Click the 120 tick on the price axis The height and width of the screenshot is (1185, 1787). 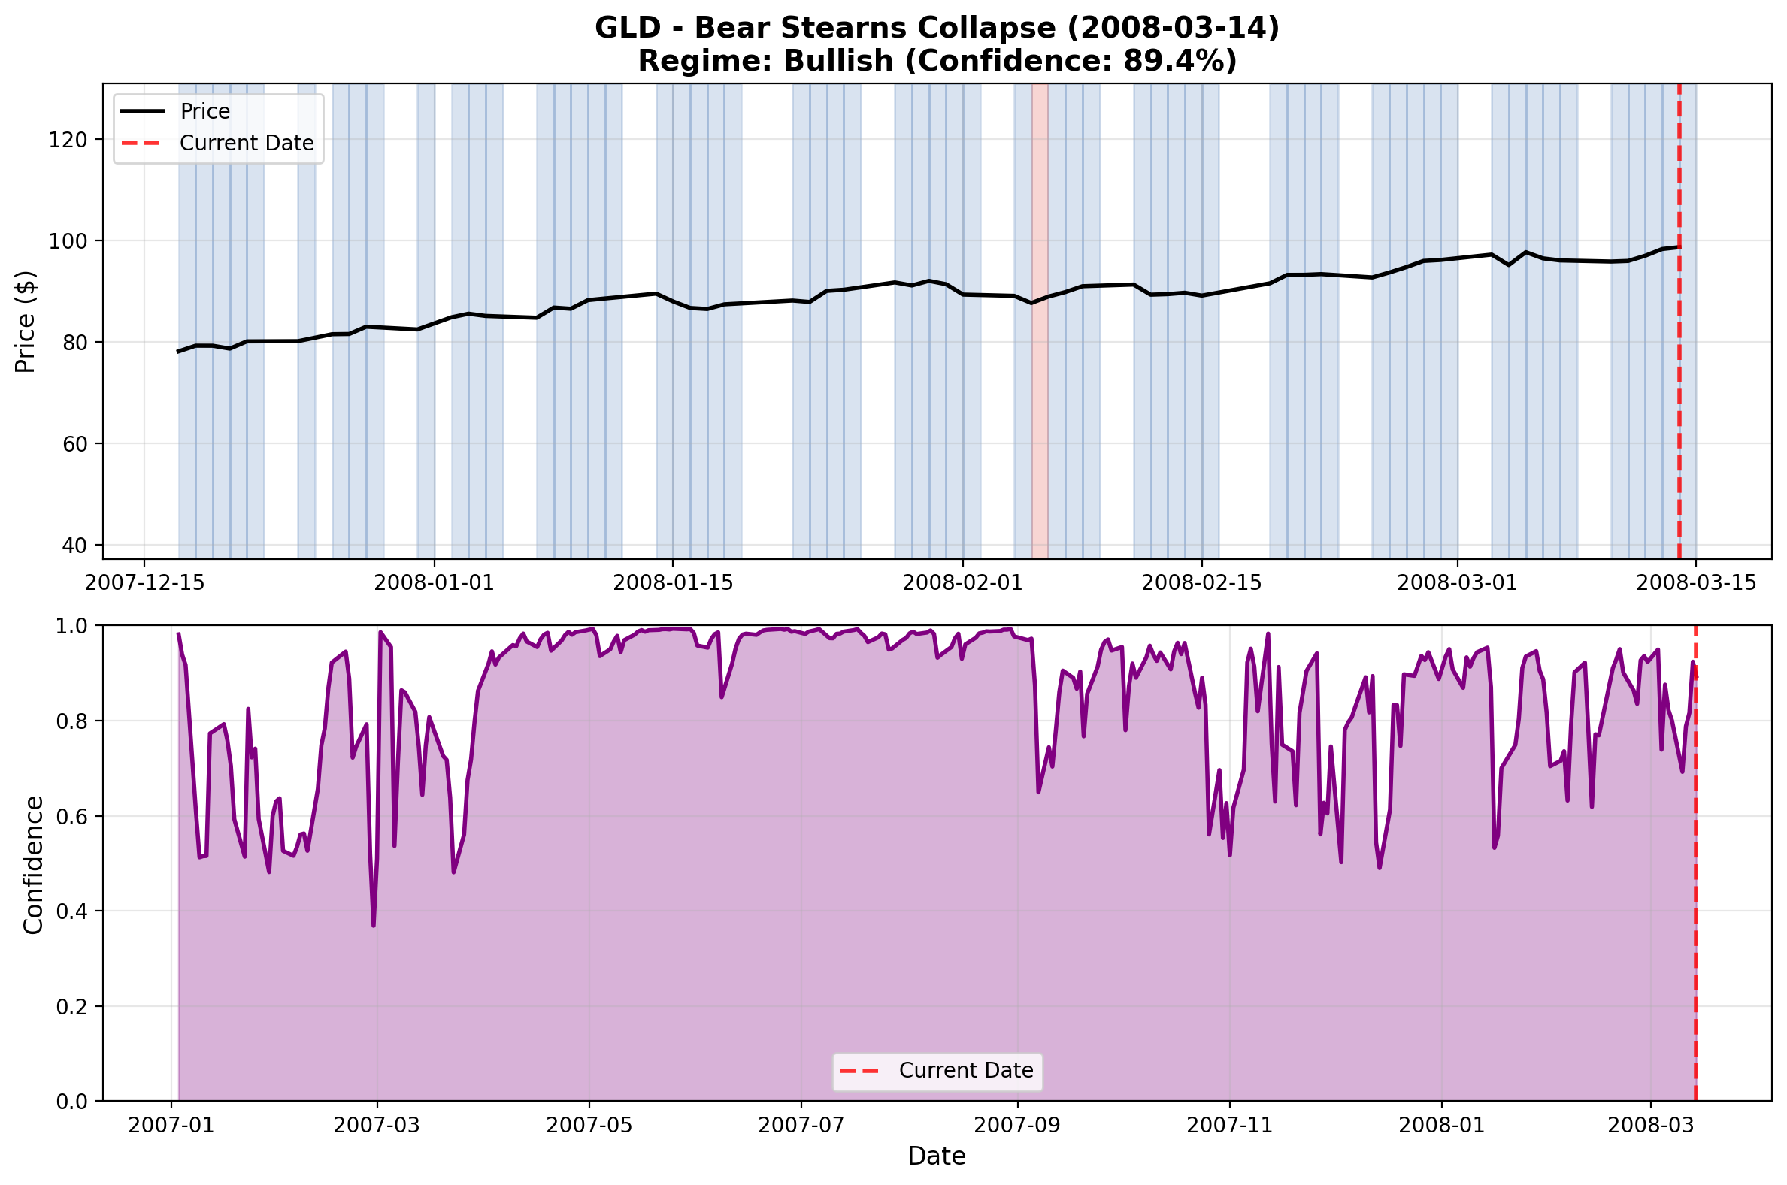67,140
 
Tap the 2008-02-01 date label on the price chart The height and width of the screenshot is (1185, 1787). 962,582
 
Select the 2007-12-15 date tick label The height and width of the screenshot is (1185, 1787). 144,582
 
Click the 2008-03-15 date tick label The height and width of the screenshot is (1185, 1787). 1695,582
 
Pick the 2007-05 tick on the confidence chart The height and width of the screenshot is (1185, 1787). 589,1126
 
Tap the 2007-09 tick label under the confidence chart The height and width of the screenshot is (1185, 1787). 1016,1126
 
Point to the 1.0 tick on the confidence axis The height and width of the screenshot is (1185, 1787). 71,627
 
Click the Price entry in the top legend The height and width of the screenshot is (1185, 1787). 204,112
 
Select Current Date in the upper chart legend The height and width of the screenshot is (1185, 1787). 247,144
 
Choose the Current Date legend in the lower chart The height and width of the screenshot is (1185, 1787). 965,1071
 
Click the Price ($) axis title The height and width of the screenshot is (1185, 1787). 26,321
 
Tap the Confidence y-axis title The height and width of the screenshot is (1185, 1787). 34,865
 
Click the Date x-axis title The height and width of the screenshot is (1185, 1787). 937,1157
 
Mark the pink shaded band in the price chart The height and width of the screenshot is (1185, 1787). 1040,321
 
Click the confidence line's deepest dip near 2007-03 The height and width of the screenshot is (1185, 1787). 374,924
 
